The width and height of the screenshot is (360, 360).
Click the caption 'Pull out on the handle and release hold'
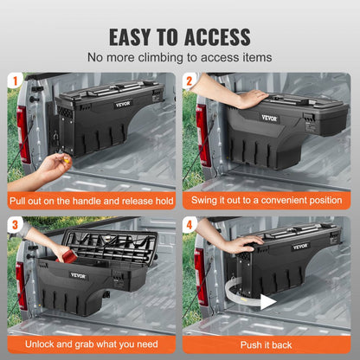tap(91, 201)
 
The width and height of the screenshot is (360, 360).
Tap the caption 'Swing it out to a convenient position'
tap(269, 201)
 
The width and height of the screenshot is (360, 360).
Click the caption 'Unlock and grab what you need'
tap(91, 343)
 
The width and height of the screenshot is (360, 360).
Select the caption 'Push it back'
tap(269, 343)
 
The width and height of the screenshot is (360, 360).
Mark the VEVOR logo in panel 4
tap(299, 246)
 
